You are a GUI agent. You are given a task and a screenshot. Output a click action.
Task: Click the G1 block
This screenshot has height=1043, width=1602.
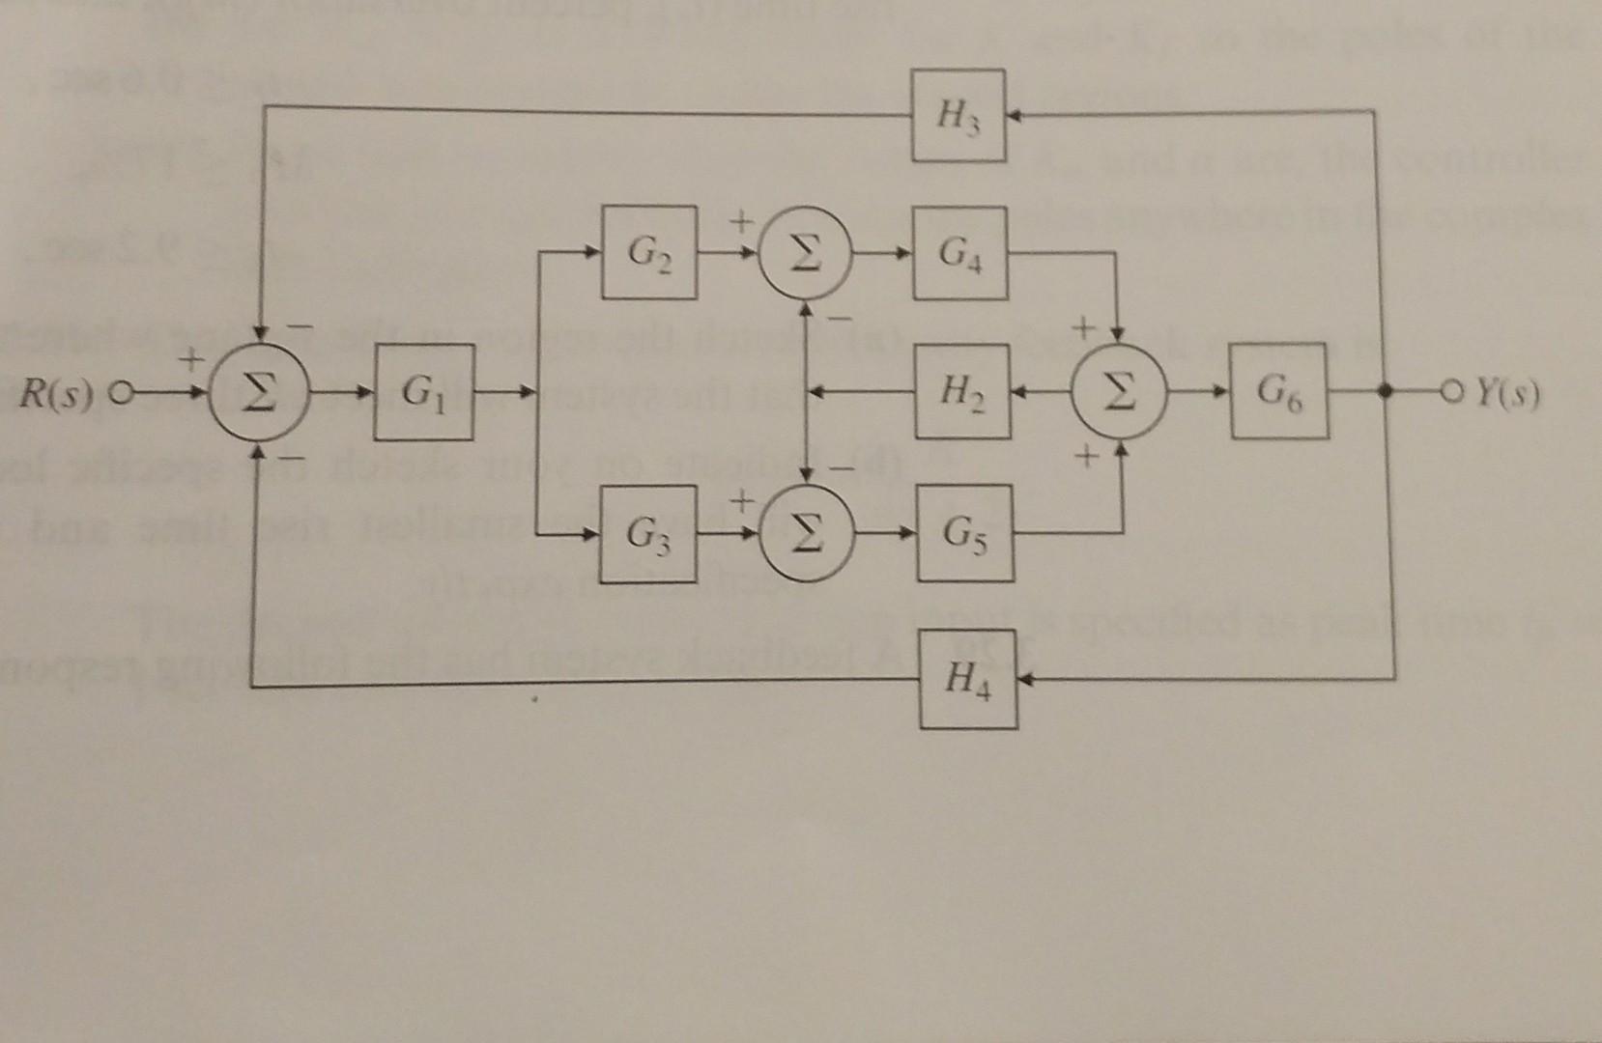424,392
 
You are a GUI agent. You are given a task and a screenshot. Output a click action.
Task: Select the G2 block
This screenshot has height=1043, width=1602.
648,252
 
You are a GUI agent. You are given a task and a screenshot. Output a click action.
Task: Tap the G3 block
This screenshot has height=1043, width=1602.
647,534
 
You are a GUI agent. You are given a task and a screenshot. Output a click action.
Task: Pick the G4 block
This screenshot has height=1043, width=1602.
960,253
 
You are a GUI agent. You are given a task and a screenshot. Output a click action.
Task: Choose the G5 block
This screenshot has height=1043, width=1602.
964,533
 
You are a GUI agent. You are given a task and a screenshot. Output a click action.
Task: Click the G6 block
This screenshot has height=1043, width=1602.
1278,392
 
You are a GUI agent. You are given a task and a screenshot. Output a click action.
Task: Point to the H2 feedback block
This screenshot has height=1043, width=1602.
962,392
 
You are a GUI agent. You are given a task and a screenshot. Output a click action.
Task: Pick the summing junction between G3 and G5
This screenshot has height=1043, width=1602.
805,534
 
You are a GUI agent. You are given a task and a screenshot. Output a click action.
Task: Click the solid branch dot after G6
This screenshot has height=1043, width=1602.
1385,393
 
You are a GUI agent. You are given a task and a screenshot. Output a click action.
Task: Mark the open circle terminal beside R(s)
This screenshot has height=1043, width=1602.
119,395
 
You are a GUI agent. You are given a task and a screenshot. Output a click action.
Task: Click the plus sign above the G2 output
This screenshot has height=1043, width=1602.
739,223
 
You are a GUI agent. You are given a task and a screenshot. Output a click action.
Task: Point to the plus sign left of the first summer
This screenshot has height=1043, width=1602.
192,361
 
